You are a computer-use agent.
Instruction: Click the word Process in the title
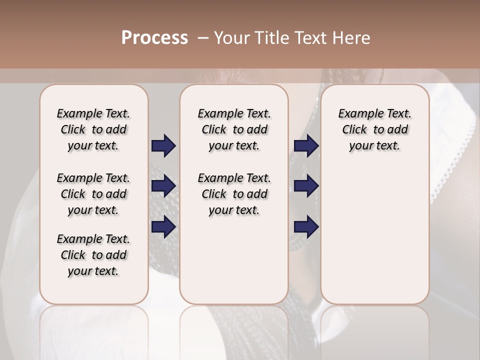pyautogui.click(x=154, y=38)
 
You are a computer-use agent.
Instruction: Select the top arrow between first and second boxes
pyautogui.click(x=163, y=145)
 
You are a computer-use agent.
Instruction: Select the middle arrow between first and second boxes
pyautogui.click(x=163, y=186)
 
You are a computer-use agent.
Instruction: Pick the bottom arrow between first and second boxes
pyautogui.click(x=163, y=227)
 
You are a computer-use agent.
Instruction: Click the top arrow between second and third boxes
pyautogui.click(x=306, y=145)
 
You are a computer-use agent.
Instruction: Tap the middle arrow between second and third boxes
pyautogui.click(x=306, y=186)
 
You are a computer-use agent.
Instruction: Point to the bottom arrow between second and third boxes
pyautogui.click(x=306, y=227)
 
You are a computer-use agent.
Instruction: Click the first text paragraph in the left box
pyautogui.click(x=93, y=129)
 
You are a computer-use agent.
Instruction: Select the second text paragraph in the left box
pyautogui.click(x=93, y=194)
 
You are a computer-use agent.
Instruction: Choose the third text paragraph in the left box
pyautogui.click(x=93, y=255)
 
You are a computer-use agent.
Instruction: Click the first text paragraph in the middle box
pyautogui.click(x=234, y=129)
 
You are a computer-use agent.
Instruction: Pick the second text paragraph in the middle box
pyautogui.click(x=234, y=194)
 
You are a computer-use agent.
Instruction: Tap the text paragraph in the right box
pyautogui.click(x=375, y=129)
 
